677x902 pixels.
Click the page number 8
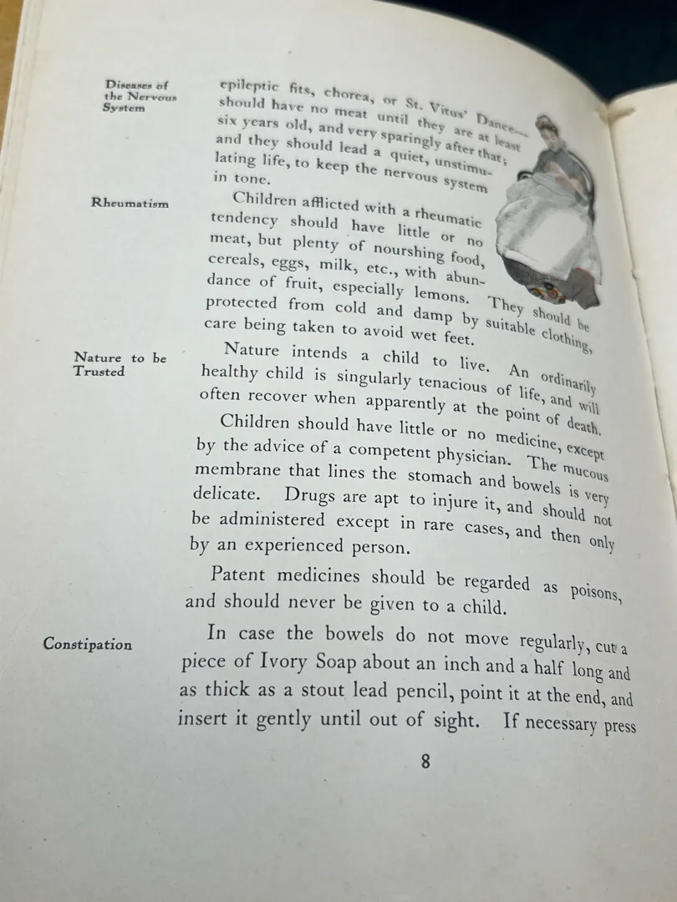(425, 762)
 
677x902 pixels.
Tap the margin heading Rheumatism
(130, 203)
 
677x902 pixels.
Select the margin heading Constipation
(88, 644)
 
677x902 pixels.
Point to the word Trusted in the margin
(99, 372)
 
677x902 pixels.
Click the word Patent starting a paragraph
(242, 575)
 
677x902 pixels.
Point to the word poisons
(594, 591)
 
